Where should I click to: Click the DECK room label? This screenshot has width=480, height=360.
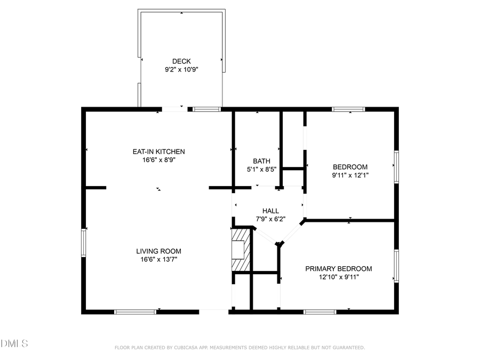pyautogui.click(x=181, y=61)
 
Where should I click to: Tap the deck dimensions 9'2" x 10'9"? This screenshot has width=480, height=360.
pyautogui.click(x=181, y=69)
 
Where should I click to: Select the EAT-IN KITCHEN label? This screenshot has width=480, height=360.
pyautogui.click(x=158, y=151)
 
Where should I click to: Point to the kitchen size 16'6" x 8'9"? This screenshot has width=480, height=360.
pyautogui.click(x=158, y=160)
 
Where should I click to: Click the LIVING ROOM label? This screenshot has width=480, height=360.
pyautogui.click(x=158, y=251)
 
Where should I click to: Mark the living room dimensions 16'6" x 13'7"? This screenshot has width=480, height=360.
pyautogui.click(x=158, y=260)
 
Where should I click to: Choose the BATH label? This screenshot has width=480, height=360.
pyautogui.click(x=261, y=161)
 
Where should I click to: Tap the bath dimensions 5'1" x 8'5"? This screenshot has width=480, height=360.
pyautogui.click(x=261, y=170)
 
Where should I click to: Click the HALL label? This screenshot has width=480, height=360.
pyautogui.click(x=270, y=211)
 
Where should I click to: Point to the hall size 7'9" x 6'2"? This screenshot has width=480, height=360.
pyautogui.click(x=270, y=219)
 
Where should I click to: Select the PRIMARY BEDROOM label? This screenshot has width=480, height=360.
pyautogui.click(x=338, y=269)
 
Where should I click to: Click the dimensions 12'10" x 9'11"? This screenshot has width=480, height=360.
pyautogui.click(x=338, y=277)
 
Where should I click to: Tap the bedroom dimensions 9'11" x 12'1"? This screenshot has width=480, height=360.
pyautogui.click(x=350, y=174)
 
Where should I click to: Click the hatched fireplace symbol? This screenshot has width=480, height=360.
pyautogui.click(x=241, y=250)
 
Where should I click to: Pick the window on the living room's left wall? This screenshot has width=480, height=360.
pyautogui.click(x=84, y=243)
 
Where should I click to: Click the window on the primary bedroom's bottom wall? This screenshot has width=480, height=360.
pyautogui.click(x=320, y=311)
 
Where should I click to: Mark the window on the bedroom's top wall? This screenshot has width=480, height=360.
pyautogui.click(x=348, y=109)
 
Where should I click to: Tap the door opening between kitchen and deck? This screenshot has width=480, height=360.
pyautogui.click(x=174, y=109)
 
